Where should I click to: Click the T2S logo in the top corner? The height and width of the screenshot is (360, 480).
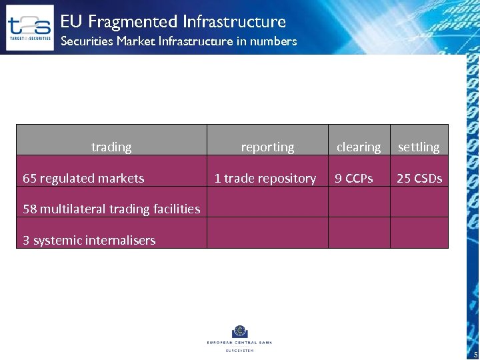point(29,27)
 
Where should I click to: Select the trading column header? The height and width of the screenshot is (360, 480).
point(111,147)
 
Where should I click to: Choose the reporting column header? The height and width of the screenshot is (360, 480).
point(267,147)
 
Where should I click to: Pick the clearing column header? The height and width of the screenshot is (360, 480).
point(359,147)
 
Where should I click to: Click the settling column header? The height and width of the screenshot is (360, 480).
point(419,147)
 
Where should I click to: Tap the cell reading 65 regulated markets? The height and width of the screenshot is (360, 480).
point(83,178)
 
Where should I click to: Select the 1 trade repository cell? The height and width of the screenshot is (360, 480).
point(265,178)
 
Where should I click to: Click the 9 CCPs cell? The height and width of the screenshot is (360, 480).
point(354,178)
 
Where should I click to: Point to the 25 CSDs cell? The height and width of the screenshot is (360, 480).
point(419,178)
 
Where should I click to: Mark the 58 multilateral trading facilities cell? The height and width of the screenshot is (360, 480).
point(111,209)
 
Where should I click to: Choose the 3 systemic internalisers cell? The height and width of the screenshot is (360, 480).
point(89,240)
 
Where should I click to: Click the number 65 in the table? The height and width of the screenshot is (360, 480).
point(30,178)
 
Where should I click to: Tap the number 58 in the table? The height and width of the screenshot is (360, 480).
point(30,209)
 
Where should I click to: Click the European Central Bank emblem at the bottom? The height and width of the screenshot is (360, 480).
point(239,331)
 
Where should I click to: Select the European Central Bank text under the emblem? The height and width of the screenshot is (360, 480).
point(239,343)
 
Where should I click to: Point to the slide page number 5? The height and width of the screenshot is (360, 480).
point(475,354)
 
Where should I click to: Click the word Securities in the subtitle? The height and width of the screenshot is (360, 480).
point(84,41)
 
